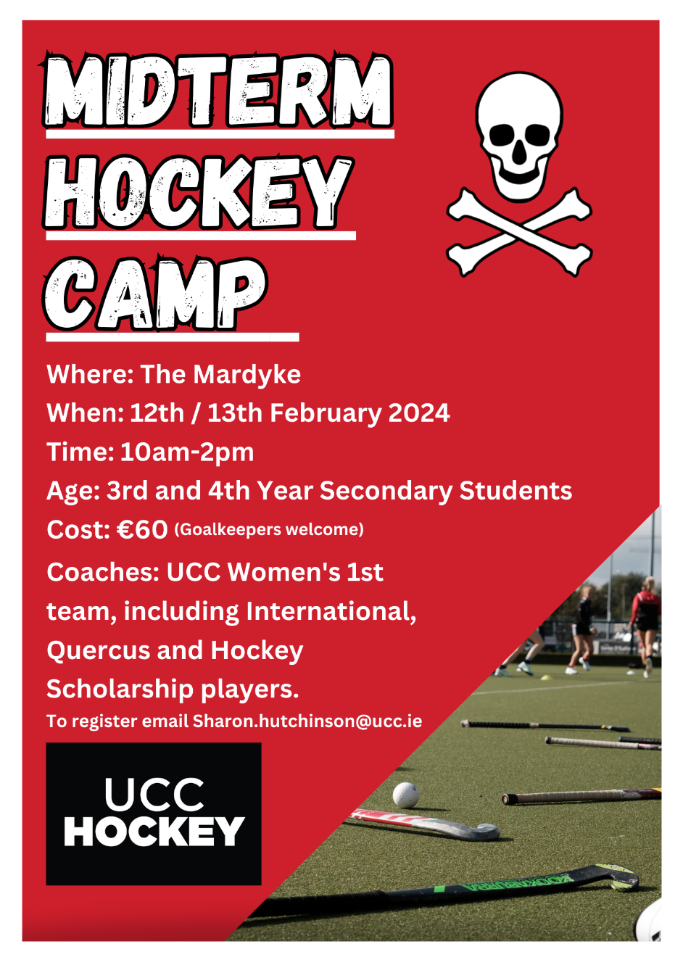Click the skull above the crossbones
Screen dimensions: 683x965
[x=519, y=136]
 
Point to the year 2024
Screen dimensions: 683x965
[x=419, y=413]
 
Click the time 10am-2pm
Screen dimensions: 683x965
[x=187, y=452]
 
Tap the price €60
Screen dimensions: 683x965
[x=142, y=529]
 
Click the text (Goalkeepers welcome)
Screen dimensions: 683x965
[x=269, y=529]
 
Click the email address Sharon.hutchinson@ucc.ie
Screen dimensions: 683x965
[x=307, y=721]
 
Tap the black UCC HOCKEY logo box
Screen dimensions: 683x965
[x=154, y=813]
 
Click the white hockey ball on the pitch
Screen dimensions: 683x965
[x=405, y=795]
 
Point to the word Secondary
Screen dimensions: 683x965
[x=386, y=491]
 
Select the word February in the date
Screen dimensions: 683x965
[x=326, y=413]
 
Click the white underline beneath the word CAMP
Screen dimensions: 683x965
[x=173, y=337]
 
